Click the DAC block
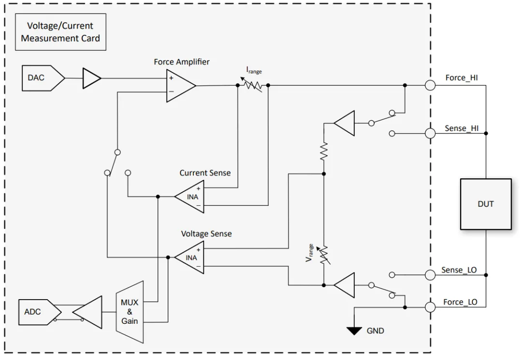pos(42,78)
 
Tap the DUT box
pos(485,204)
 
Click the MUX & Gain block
pos(130,312)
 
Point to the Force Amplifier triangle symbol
pos(179,85)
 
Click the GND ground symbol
pos(355,331)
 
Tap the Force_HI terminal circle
pos(430,85)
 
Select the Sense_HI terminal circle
pos(430,133)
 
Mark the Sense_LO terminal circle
pos(430,274)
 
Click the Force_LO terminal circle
pos(430,306)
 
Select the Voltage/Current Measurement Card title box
pos(60,32)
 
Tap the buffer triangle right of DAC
pos(92,78)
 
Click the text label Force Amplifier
pos(182,62)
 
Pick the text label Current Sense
pos(205,173)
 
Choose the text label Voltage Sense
pos(206,233)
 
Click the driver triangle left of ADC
pos(88,312)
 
